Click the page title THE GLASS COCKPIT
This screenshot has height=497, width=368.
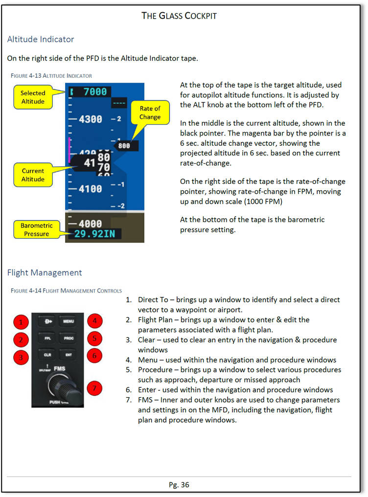[x=179, y=16]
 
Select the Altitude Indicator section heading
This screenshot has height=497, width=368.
[x=41, y=39]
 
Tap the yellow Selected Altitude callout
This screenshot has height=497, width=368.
[x=33, y=97]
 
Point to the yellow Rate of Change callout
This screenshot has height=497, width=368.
[x=150, y=113]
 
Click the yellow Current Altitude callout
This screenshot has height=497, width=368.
[x=33, y=175]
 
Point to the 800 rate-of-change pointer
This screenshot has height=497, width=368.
[x=125, y=145]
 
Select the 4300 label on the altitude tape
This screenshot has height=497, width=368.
[x=89, y=119]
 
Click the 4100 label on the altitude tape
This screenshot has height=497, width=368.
[x=89, y=188]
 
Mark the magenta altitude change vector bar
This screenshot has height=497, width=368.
[x=70, y=150]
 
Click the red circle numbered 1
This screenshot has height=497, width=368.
[x=21, y=321]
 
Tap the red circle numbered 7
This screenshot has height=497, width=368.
[x=94, y=388]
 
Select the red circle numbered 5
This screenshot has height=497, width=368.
[x=94, y=338]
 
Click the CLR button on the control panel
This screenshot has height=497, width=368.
[x=47, y=354]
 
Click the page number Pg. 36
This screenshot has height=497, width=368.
[x=179, y=485]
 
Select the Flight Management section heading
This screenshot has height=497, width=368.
[x=45, y=272]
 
